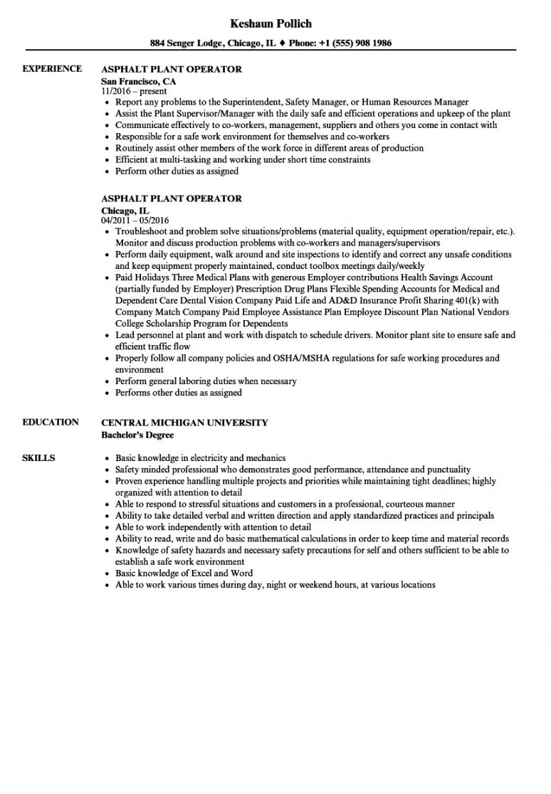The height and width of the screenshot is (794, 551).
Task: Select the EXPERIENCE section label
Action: tap(52, 69)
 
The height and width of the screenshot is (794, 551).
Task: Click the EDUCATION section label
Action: tap(51, 422)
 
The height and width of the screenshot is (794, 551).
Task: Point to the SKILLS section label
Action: tap(39, 457)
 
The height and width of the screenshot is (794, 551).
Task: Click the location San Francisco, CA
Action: tap(139, 80)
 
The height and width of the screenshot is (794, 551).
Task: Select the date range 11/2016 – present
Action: tap(135, 91)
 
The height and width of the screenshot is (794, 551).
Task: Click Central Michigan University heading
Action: tap(185, 423)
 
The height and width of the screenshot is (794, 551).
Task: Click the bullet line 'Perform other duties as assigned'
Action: tap(177, 171)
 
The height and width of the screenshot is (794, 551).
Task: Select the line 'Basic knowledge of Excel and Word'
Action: tap(184, 573)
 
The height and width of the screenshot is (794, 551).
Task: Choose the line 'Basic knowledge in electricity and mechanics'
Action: tap(200, 458)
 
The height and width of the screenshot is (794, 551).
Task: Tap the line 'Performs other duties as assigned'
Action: tap(178, 393)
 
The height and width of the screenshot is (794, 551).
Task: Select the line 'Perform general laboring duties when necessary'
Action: tap(205, 381)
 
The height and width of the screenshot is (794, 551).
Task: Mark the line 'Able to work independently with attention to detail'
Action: tap(213, 527)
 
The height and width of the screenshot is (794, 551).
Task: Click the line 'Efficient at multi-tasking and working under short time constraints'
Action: tap(243, 160)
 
